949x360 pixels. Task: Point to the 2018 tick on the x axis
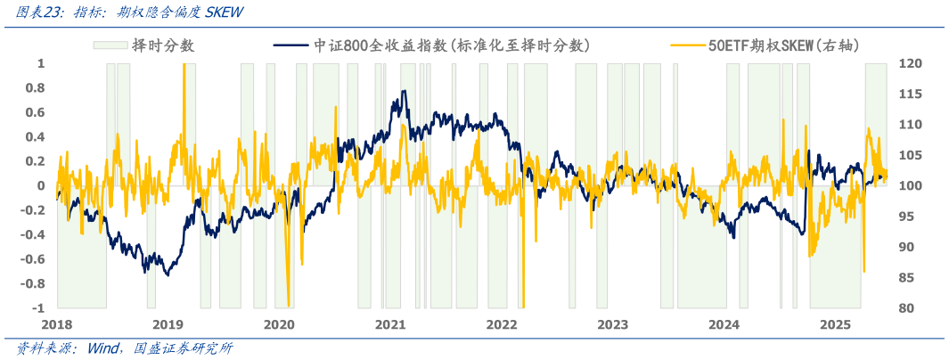point(57,323)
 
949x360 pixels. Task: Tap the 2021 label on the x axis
point(391,323)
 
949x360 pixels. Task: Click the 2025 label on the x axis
point(836,323)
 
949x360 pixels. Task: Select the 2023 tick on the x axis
point(613,323)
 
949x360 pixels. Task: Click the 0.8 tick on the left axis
point(37,88)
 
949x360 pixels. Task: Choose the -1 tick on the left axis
point(38,308)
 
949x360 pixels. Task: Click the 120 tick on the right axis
point(910,64)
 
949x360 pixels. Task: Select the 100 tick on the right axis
point(910,186)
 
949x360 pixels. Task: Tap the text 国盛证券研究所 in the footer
point(182,348)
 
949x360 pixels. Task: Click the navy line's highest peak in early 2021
point(404,91)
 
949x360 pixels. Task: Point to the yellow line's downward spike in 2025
point(863,271)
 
